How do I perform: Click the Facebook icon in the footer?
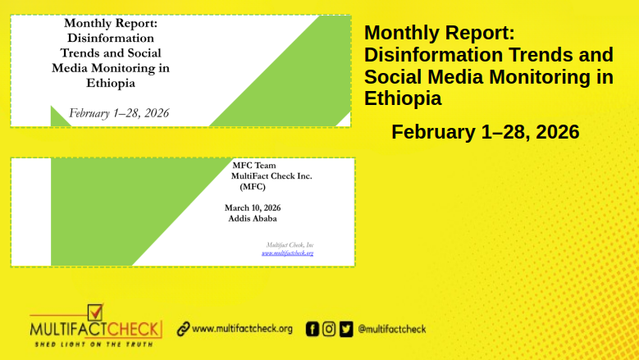tap(313, 329)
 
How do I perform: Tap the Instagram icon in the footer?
tap(329, 329)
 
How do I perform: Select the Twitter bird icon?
tap(345, 329)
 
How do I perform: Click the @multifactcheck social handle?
tap(392, 329)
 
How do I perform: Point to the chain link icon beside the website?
tap(183, 329)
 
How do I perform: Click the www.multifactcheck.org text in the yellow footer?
tap(242, 329)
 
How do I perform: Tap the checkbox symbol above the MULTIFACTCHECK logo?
tap(95, 312)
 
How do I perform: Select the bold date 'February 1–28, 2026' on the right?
tap(486, 132)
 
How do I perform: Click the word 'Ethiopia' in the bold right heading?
tap(403, 98)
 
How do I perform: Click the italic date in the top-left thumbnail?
tap(119, 113)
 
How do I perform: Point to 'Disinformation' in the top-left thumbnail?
tap(110, 38)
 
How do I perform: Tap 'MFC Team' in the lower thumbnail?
tap(253, 166)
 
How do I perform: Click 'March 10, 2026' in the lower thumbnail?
tap(253, 207)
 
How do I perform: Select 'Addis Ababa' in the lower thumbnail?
tap(252, 219)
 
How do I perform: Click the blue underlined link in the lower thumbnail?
tap(287, 253)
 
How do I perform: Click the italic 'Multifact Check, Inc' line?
tap(290, 245)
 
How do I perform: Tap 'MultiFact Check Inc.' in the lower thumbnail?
tap(272, 175)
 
